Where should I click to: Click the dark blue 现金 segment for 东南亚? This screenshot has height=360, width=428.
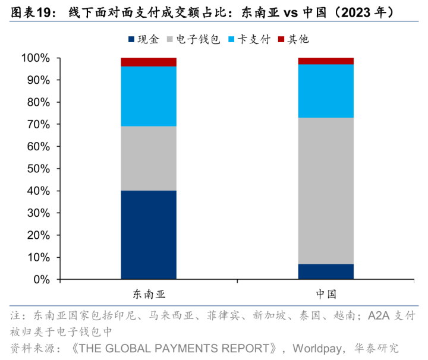(x=149, y=235)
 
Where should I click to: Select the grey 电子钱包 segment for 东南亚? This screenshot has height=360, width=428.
(x=149, y=158)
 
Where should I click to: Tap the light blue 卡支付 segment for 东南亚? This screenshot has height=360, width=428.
(x=149, y=96)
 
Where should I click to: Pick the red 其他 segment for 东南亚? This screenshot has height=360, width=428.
(x=149, y=62)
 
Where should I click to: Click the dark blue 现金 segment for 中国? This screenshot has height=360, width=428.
(x=326, y=271)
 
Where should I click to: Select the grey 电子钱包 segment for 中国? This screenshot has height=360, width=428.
(x=326, y=191)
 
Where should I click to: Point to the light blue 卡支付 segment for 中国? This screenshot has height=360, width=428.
(x=326, y=91)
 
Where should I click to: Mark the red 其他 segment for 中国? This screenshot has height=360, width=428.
(x=326, y=61)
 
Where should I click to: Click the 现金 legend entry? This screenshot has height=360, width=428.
(x=143, y=39)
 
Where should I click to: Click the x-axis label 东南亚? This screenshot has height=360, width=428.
(x=149, y=294)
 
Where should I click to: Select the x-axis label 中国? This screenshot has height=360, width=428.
(x=326, y=294)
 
